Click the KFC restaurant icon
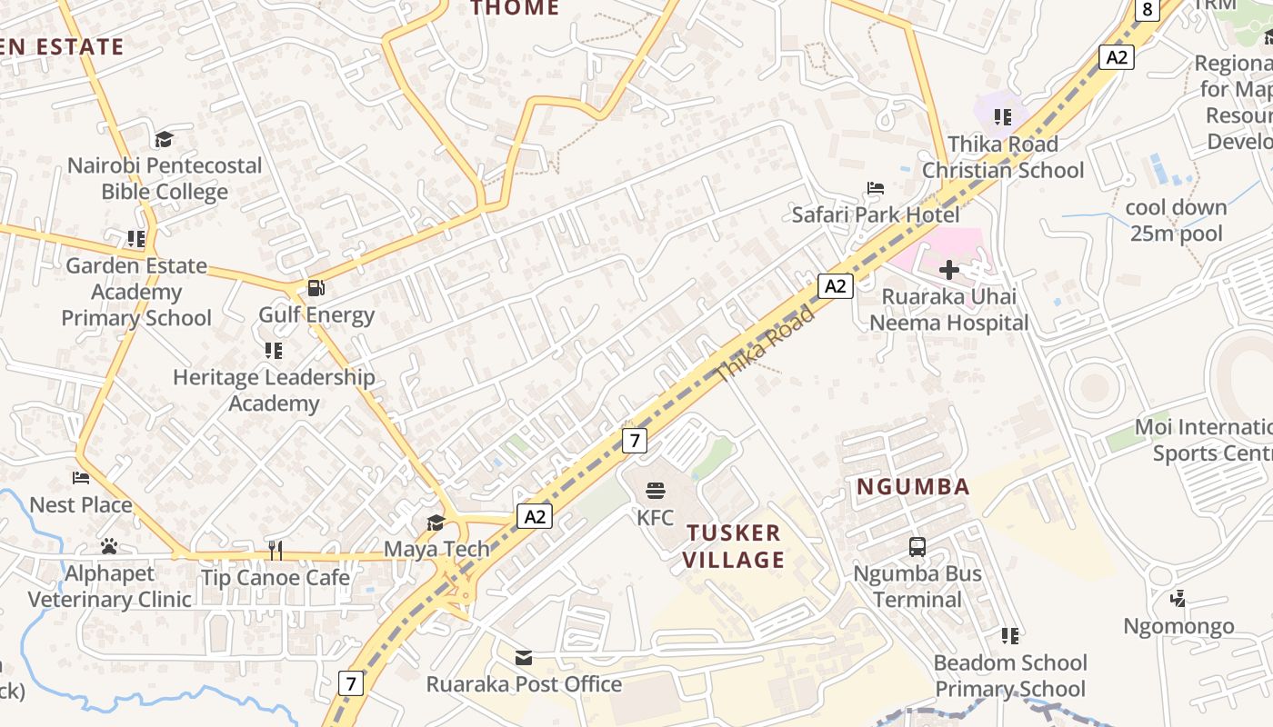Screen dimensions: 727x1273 (656, 492)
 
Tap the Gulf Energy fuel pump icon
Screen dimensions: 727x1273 (316, 288)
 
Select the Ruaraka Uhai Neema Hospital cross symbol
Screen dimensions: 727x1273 (949, 270)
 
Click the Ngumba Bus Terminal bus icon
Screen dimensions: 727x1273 (917, 547)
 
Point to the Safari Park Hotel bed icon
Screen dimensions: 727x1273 (876, 188)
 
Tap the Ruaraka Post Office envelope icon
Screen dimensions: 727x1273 (524, 657)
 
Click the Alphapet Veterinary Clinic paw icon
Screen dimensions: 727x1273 (109, 547)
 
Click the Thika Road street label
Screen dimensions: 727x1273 (766, 344)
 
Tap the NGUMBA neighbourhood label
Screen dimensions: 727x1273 (914, 487)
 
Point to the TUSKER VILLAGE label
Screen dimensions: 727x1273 (734, 546)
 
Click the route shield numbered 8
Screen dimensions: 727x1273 (1148, 10)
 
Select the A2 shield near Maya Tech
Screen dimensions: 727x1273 (535, 516)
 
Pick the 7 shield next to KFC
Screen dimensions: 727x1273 (635, 442)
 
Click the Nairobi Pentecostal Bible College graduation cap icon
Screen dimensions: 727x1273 (164, 139)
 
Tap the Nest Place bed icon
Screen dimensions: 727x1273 (81, 478)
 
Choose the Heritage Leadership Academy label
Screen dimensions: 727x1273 (274, 390)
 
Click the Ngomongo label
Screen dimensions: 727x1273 (1178, 626)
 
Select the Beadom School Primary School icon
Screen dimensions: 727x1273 (1010, 636)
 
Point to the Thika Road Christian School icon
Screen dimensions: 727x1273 (1003, 117)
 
